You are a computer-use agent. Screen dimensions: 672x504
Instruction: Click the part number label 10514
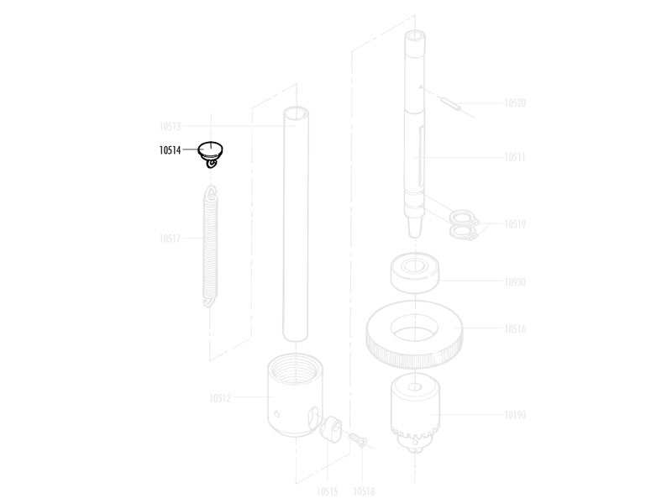pos(171,150)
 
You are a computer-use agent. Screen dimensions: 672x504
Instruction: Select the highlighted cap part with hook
pos(211,154)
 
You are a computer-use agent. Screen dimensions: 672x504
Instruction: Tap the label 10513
pos(171,127)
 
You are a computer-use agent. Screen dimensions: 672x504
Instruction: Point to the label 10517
pos(171,239)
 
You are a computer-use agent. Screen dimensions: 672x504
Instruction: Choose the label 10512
pos(220,398)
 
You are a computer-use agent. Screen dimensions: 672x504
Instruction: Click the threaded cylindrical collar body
pos(296,395)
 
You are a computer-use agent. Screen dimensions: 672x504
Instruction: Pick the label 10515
pos(328,491)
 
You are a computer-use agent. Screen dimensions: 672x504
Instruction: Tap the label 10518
pos(364,491)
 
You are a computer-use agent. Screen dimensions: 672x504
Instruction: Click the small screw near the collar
pos(359,439)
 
